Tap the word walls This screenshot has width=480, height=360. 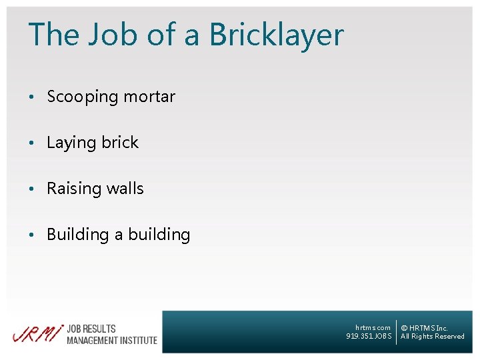pyautogui.click(x=125, y=189)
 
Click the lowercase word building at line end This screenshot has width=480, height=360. pyautogui.click(x=159, y=235)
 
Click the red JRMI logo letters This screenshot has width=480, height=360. pyautogui.click(x=37, y=333)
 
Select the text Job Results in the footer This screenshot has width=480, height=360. pyautogui.click(x=91, y=329)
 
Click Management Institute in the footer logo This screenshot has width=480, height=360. pyautogui.click(x=111, y=340)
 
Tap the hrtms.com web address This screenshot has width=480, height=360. pyautogui.click(x=373, y=328)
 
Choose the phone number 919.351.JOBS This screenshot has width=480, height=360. pyautogui.click(x=369, y=336)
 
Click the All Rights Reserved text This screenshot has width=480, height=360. pyautogui.click(x=432, y=337)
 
